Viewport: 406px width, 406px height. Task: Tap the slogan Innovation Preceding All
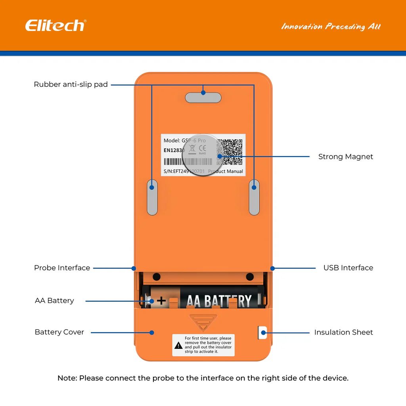[331, 27]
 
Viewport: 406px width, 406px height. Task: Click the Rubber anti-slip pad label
[71, 84]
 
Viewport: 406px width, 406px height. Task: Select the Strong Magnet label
[345, 157]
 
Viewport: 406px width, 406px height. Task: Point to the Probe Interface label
[62, 268]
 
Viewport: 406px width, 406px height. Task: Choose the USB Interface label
[348, 268]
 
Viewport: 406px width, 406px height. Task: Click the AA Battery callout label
[54, 301]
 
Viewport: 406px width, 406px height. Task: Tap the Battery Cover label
[59, 332]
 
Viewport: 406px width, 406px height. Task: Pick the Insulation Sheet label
[343, 332]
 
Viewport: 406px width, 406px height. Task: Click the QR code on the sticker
[230, 152]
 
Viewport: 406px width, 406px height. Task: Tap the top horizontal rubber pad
[203, 98]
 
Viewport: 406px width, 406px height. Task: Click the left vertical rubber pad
[152, 197]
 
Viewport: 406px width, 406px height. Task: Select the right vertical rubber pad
[254, 197]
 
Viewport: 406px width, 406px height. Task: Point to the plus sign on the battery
[161, 301]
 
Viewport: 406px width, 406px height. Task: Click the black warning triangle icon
[178, 346]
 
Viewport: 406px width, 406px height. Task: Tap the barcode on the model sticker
[187, 162]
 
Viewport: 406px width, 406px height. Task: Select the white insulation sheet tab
[262, 332]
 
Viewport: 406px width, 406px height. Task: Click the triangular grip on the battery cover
[203, 321]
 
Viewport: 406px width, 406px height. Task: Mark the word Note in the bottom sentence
[67, 378]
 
